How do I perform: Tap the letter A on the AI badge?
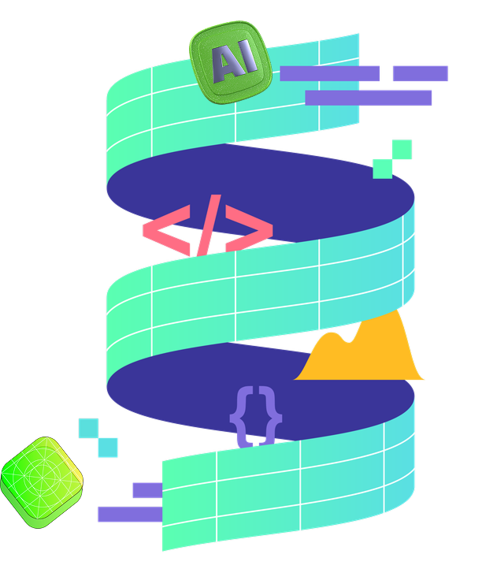tap(223, 62)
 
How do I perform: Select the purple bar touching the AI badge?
tap(330, 73)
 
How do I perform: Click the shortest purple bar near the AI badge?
tap(420, 73)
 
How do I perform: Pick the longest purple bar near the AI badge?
tap(369, 98)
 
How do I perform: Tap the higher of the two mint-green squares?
tap(402, 149)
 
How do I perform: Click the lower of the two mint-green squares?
tap(383, 168)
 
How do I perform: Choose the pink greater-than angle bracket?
tap(248, 231)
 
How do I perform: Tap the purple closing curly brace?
tap(272, 415)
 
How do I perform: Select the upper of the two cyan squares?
tap(89, 428)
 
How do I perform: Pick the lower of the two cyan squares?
tap(108, 448)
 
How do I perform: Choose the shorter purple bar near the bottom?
tap(146, 490)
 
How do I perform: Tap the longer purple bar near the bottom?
tap(129, 515)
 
